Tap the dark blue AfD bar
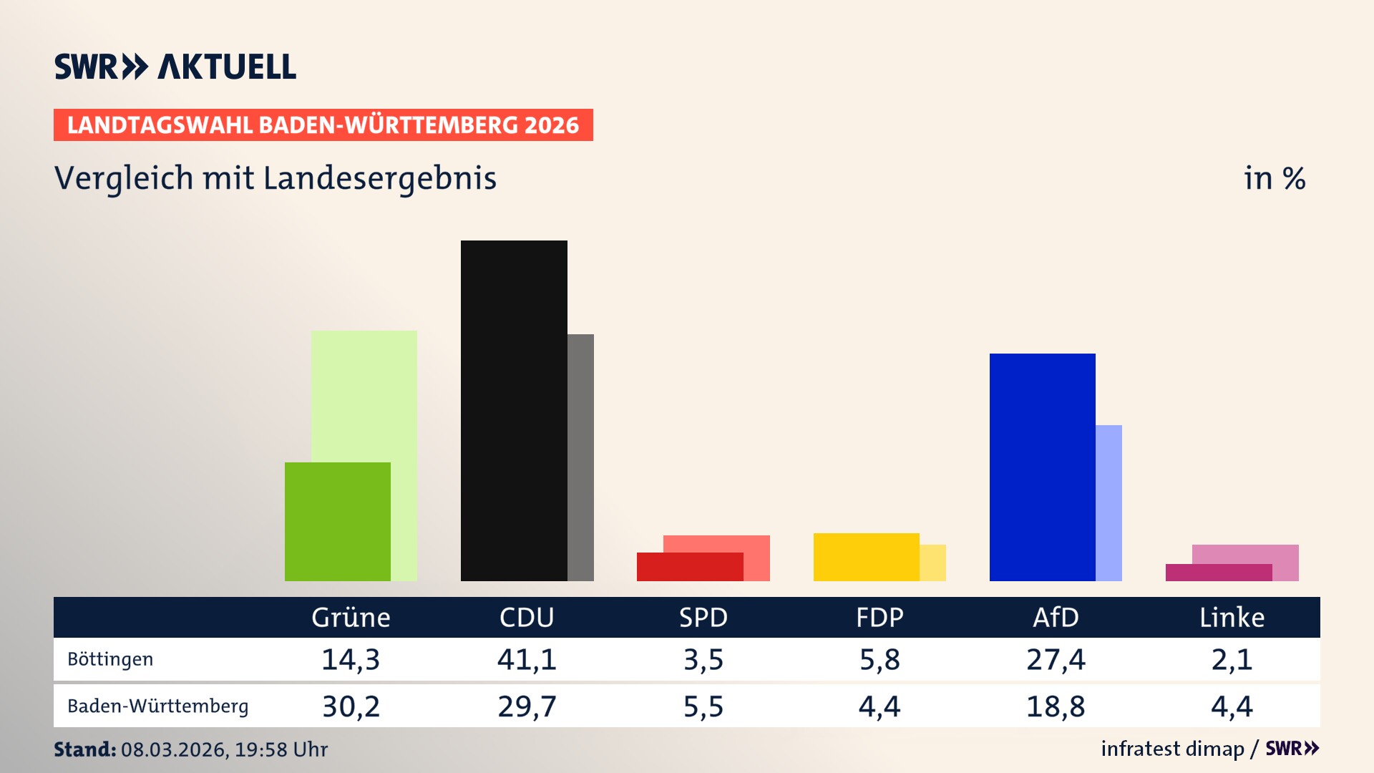pyautogui.click(x=1042, y=467)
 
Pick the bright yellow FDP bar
pyautogui.click(x=866, y=557)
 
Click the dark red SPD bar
pyautogui.click(x=689, y=567)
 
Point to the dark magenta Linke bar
pyautogui.click(x=1218, y=573)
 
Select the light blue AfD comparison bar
pyautogui.click(x=1109, y=502)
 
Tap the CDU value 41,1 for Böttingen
pyautogui.click(x=527, y=659)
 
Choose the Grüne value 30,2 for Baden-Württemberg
pyautogui.click(x=351, y=706)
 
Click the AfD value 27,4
pyautogui.click(x=1056, y=659)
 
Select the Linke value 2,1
pyautogui.click(x=1232, y=659)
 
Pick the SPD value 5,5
pyautogui.click(x=703, y=706)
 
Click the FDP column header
pyautogui.click(x=880, y=618)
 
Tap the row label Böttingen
pyautogui.click(x=110, y=659)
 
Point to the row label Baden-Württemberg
pyautogui.click(x=157, y=706)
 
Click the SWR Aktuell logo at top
pyautogui.click(x=175, y=67)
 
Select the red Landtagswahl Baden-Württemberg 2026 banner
pyautogui.click(x=323, y=125)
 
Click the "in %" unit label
pyautogui.click(x=1274, y=178)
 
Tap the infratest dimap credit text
pyautogui.click(x=1172, y=749)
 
